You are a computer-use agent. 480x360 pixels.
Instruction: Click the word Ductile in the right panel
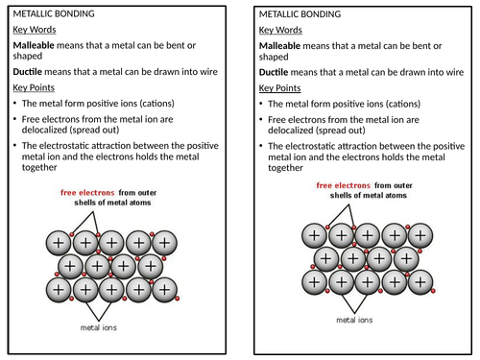276,71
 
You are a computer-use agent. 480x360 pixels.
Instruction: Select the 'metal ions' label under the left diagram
100,327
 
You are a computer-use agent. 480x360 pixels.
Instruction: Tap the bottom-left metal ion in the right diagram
313,281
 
